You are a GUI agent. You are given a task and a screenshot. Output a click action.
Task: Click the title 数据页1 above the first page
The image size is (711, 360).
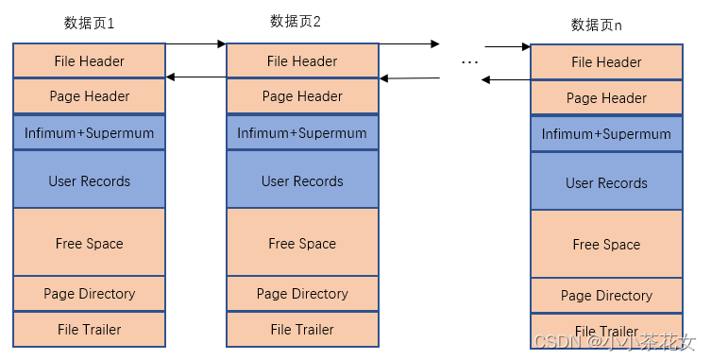click(89, 22)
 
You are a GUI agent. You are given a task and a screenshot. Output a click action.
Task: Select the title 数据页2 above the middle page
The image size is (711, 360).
click(296, 21)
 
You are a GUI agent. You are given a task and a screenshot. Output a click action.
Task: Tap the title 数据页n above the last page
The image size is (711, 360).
click(597, 25)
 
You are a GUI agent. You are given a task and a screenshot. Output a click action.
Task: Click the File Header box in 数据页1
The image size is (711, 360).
click(90, 61)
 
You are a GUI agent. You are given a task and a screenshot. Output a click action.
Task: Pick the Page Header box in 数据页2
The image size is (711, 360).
click(302, 96)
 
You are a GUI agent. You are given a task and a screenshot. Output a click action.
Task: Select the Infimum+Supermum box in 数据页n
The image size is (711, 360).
click(606, 134)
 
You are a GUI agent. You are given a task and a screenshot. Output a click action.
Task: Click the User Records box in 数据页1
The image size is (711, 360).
click(90, 180)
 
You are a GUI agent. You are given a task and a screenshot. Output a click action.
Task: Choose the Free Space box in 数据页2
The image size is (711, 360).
click(302, 243)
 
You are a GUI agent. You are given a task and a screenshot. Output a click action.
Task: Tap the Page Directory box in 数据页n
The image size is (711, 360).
click(606, 296)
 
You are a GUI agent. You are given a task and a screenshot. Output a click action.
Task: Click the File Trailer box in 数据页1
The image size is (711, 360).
click(90, 329)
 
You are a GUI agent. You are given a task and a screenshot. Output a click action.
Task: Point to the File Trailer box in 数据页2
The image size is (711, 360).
click(302, 329)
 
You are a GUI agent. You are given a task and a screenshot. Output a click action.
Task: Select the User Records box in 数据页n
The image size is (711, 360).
click(606, 182)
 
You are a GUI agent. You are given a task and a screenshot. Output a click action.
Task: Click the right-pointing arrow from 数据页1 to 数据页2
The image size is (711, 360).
click(195, 43)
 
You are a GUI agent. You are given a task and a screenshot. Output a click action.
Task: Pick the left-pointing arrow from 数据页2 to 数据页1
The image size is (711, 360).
click(195, 77)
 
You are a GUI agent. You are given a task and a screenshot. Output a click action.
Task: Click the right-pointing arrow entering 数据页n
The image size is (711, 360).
click(507, 46)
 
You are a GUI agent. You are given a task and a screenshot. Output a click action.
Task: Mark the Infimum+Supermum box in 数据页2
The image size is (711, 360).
click(302, 133)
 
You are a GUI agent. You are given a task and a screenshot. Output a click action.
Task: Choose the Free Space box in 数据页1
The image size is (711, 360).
click(90, 243)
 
